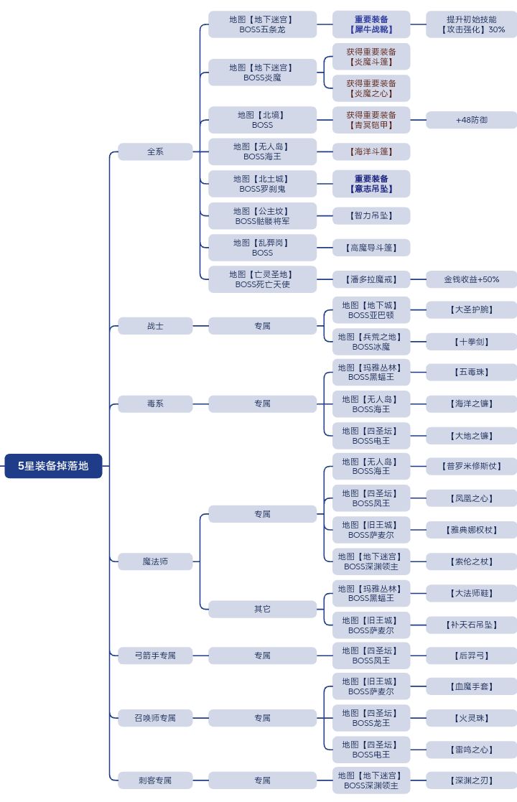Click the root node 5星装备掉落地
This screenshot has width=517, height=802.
tap(53, 466)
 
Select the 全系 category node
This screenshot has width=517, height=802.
tap(155, 151)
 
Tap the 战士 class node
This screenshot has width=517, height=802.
tap(155, 326)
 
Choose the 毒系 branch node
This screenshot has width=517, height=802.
tap(155, 404)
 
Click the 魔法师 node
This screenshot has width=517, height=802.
tap(155, 561)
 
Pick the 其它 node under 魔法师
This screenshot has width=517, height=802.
tap(262, 609)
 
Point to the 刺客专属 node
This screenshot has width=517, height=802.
tap(155, 780)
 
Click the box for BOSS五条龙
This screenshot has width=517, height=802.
tap(262, 24)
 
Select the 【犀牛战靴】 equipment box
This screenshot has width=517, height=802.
tap(371, 24)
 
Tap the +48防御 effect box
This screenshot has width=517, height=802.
tap(471, 120)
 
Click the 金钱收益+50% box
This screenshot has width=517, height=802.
tap(471, 279)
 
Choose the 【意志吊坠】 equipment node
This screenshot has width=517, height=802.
tap(371, 184)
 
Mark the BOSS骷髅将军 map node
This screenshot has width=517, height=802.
tap(262, 216)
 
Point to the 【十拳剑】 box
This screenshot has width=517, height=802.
tap(471, 342)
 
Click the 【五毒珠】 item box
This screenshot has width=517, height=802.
tap(471, 372)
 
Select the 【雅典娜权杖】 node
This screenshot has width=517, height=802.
tap(471, 530)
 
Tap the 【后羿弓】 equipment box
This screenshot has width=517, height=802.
tap(471, 656)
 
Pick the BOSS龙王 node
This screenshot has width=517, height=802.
tap(371, 718)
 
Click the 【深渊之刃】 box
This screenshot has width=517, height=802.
tap(471, 780)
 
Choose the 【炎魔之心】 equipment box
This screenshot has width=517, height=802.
tap(371, 88)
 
